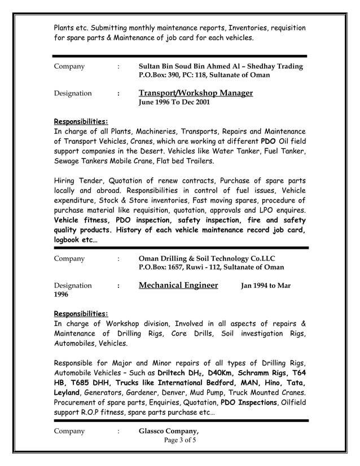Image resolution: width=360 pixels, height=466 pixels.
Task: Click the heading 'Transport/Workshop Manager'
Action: tap(195, 93)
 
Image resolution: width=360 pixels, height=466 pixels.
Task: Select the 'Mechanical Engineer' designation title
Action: tap(178, 285)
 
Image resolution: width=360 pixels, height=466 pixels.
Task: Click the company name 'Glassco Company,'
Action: tap(169, 431)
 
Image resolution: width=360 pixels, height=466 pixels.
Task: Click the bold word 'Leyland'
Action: tap(67, 393)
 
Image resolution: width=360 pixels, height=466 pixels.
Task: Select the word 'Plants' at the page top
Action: tap(65, 28)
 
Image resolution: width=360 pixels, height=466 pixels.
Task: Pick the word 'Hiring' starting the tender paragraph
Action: tap(65, 181)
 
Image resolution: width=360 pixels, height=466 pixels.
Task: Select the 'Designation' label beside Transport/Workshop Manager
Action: tap(73, 94)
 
